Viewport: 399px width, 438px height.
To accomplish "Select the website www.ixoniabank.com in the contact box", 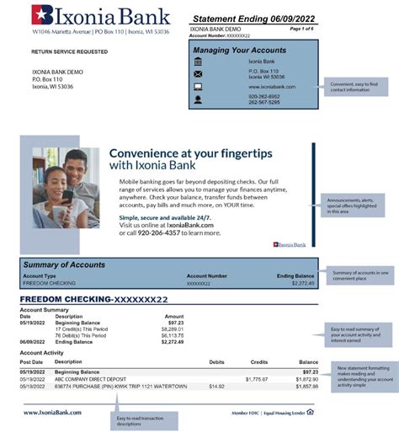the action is point(272,87).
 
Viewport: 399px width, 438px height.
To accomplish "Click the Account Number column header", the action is point(206,275).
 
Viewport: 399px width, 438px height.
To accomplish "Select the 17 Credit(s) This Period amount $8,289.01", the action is point(171,328).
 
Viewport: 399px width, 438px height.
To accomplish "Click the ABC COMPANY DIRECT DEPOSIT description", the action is point(96,379).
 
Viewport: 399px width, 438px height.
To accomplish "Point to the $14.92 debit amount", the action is point(216,387).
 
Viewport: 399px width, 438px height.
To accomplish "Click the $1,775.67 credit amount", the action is point(257,379).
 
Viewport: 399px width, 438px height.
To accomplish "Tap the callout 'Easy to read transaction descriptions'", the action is point(141,420).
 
